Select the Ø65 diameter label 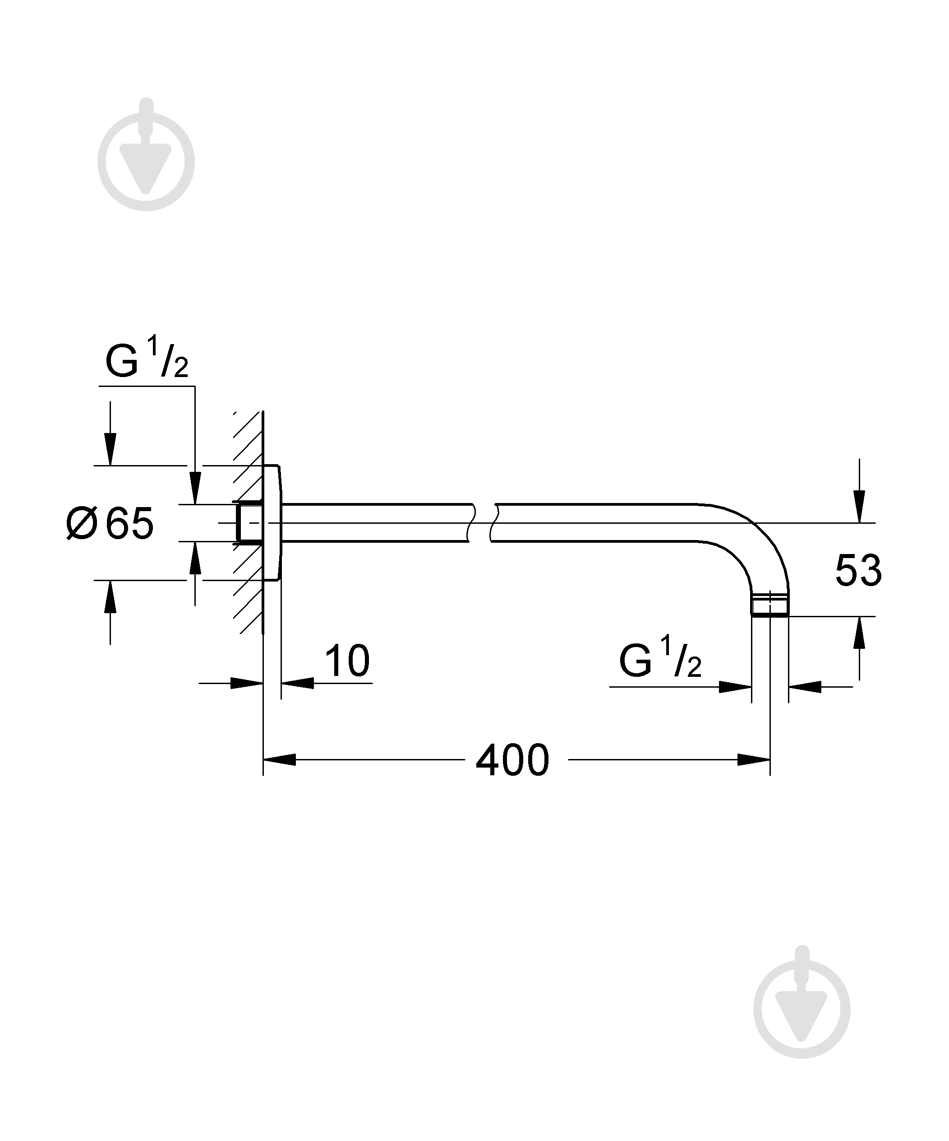110,523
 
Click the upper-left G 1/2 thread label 147,359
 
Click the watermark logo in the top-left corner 146,155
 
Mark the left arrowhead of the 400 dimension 280,759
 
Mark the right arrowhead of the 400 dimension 754,759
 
